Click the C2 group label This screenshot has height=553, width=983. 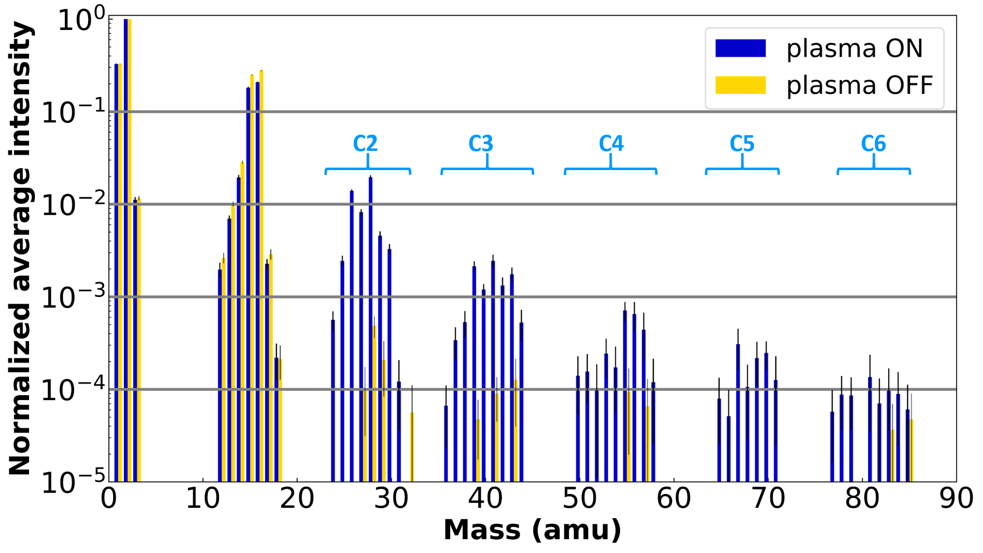pyautogui.click(x=365, y=144)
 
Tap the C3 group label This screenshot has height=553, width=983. pyautogui.click(x=480, y=144)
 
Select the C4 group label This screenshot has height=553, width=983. pyautogui.click(x=611, y=144)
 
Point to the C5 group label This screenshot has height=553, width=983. pyautogui.click(x=742, y=144)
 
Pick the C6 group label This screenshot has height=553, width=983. pyautogui.click(x=873, y=144)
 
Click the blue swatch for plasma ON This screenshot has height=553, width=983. pyautogui.click(x=740, y=48)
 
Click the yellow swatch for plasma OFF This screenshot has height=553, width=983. pyautogui.click(x=740, y=85)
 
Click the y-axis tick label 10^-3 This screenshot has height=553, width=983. pyautogui.click(x=74, y=296)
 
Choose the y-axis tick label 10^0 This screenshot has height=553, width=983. pyautogui.click(x=82, y=20)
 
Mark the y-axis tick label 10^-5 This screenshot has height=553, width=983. pyautogui.click(x=74, y=482)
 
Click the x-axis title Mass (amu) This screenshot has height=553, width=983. pyautogui.click(x=532, y=530)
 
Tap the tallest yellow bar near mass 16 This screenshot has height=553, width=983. pyautogui.click(x=261, y=275)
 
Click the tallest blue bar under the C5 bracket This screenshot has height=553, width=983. pyautogui.click(x=738, y=413)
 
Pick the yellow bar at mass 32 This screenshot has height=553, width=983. pyautogui.click(x=412, y=447)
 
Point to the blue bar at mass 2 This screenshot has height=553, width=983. pyautogui.click(x=126, y=246)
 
